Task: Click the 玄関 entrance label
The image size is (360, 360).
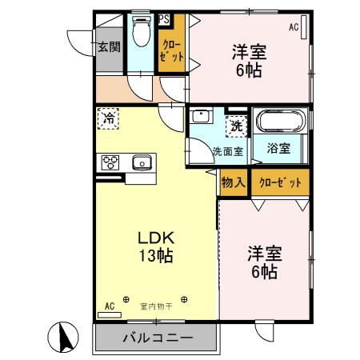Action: click(108, 47)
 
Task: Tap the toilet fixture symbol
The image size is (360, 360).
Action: click(142, 34)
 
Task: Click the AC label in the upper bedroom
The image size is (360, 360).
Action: click(294, 28)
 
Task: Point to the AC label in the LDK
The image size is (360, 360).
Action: click(110, 305)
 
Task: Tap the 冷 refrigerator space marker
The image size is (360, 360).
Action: click(108, 118)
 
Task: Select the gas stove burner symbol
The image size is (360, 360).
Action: click(110, 162)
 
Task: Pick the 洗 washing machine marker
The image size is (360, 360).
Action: click(237, 125)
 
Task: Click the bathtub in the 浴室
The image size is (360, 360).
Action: click(280, 123)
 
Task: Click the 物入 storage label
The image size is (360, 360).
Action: click(233, 183)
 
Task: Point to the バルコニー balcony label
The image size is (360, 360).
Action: click(158, 338)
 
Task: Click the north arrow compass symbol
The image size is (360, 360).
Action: click(67, 336)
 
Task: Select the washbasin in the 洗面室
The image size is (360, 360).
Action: click(201, 116)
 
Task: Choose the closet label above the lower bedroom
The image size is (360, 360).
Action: click(280, 183)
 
